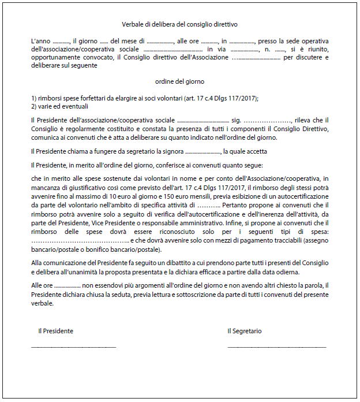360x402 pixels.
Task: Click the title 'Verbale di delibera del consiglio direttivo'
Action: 179,24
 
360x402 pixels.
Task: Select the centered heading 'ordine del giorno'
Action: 179,81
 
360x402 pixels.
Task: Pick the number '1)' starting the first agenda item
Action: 34,98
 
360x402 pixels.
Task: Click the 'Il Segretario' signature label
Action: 244,331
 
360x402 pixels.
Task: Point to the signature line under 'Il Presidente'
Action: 73,347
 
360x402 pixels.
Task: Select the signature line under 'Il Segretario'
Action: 276,347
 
